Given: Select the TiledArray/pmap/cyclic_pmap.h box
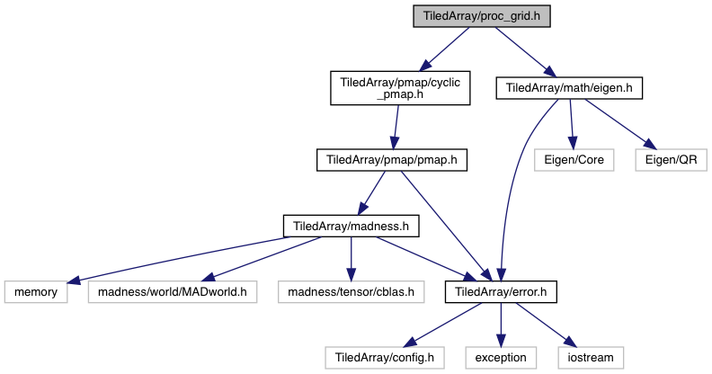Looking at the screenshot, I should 400,88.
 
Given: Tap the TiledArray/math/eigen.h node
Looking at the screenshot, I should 570,88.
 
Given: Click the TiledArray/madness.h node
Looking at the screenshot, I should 351,226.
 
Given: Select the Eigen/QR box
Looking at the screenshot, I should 671,160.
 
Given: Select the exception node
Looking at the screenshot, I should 502,357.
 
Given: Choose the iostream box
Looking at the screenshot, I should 590,357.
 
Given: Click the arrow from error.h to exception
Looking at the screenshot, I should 501,324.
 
